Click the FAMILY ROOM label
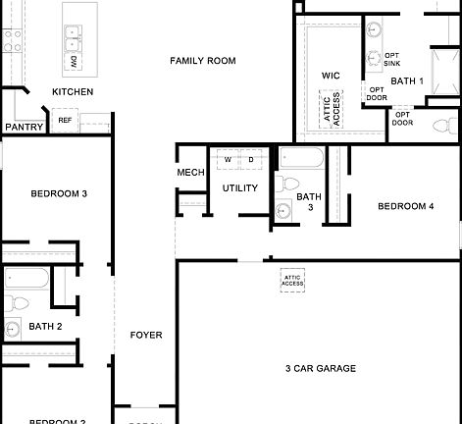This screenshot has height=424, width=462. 203,61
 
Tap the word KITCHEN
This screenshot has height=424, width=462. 73,92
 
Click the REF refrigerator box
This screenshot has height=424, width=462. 65,120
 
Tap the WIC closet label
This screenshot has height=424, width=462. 331,75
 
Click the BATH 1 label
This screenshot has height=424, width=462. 407,81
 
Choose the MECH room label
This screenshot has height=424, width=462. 190,173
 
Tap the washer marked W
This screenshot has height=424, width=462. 228,159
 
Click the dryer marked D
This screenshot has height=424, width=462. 250,159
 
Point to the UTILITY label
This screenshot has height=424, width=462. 239,187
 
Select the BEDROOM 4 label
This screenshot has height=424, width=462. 405,206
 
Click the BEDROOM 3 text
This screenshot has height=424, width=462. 59,193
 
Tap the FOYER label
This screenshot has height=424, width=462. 146,335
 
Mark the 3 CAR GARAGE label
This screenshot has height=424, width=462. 321,368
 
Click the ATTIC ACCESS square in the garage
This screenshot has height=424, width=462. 293,280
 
